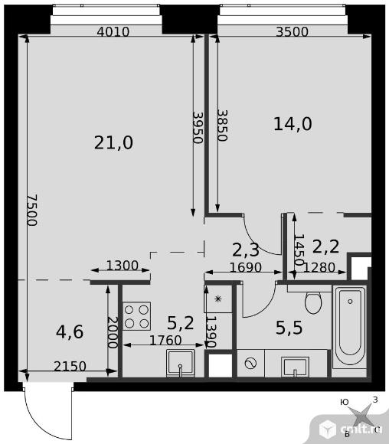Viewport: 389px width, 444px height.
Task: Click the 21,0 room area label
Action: (113, 142)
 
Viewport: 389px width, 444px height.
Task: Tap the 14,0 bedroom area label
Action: (293, 124)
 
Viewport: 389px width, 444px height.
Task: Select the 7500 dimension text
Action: (32, 210)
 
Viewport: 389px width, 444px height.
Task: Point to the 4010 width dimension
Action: (113, 31)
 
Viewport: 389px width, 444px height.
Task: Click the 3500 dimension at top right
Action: (292, 31)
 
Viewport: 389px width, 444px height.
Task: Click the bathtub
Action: (350, 326)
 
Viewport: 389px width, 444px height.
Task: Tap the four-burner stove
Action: (136, 316)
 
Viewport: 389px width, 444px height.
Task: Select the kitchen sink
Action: (181, 364)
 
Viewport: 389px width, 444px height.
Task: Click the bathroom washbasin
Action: (295, 367)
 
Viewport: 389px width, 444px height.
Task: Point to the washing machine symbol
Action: (250, 364)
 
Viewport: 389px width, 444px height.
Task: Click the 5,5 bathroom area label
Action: (289, 328)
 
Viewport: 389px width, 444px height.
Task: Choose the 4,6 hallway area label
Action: (70, 332)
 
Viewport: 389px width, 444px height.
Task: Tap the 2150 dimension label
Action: (70, 366)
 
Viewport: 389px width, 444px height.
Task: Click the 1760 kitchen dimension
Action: (165, 340)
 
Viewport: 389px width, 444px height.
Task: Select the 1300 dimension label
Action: (123, 266)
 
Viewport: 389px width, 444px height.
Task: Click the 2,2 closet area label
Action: (325, 246)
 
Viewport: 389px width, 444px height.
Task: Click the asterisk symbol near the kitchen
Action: (218, 299)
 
